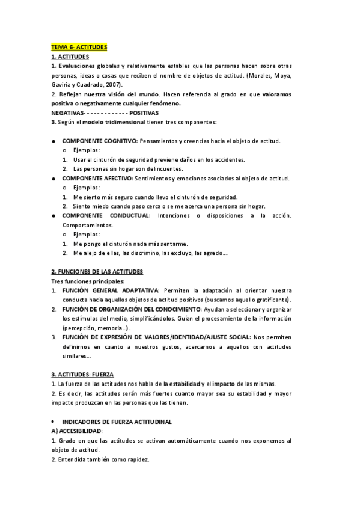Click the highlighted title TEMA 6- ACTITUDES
(x=78, y=46)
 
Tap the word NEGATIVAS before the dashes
(x=67, y=112)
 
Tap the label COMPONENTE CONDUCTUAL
(x=106, y=215)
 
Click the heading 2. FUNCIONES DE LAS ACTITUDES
(x=97, y=272)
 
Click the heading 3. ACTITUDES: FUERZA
(x=82, y=374)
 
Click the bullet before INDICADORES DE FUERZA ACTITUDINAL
(x=54, y=422)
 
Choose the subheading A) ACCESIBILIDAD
(x=77, y=431)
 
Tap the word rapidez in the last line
(x=136, y=459)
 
